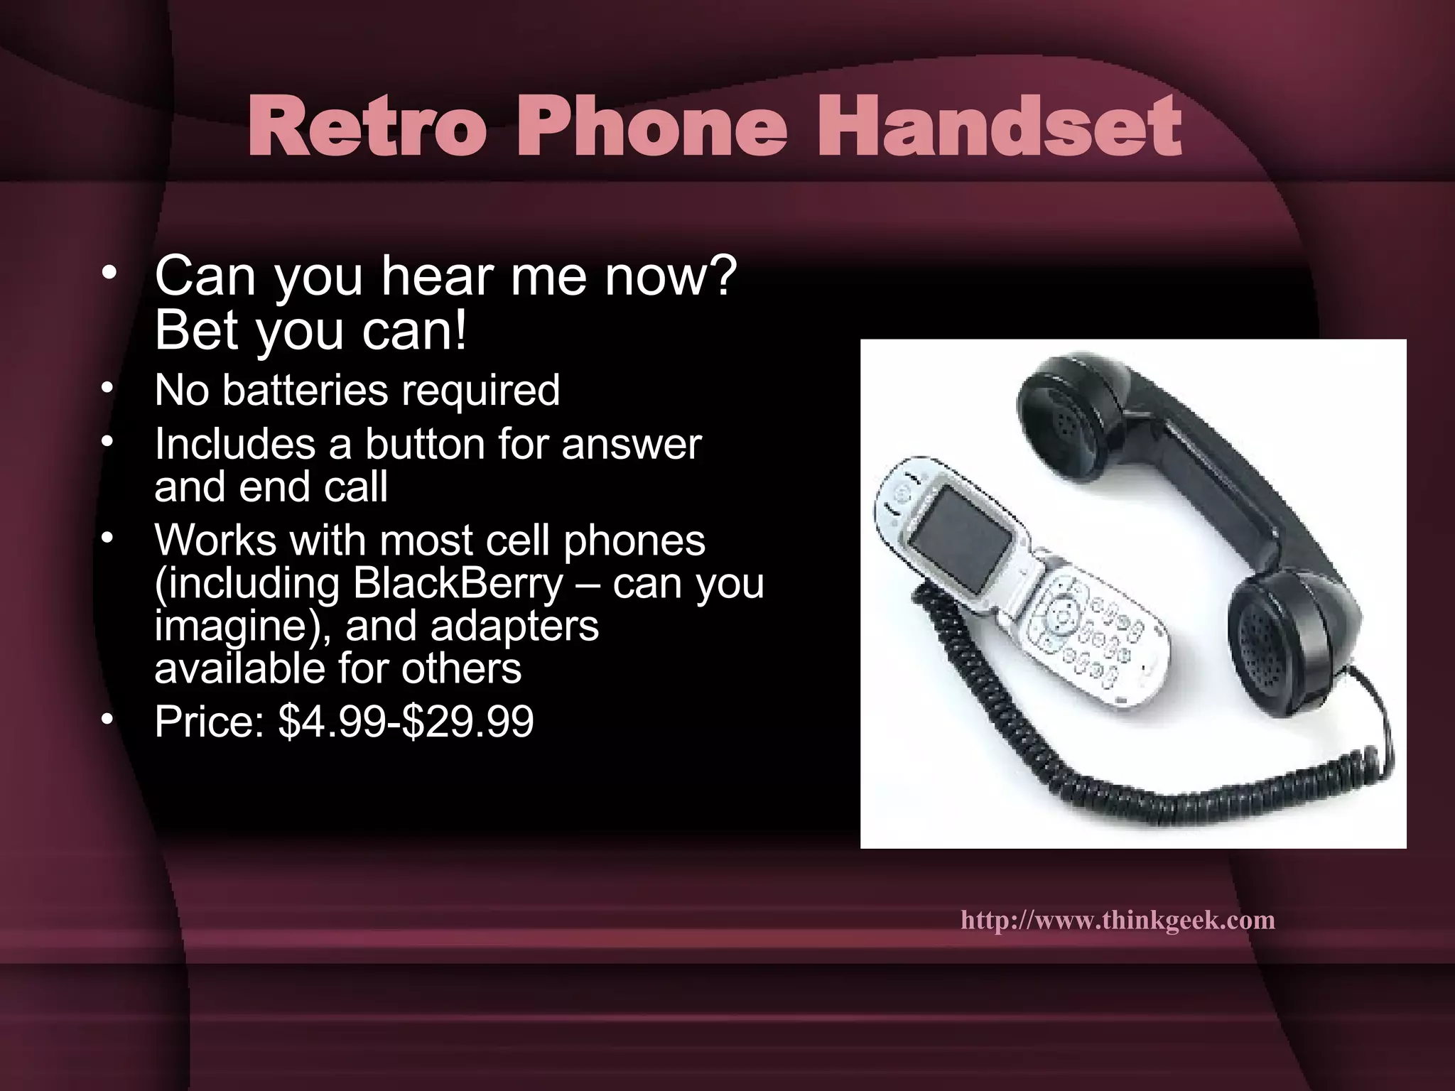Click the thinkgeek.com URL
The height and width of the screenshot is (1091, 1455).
click(1118, 921)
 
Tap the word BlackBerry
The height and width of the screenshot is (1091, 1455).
click(458, 584)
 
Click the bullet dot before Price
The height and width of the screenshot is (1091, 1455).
click(107, 720)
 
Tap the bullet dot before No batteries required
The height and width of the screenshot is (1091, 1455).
click(107, 389)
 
